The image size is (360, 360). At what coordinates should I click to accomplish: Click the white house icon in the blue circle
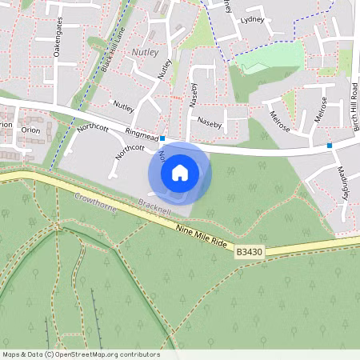(x=180, y=172)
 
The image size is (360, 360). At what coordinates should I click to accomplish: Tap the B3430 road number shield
(x=248, y=251)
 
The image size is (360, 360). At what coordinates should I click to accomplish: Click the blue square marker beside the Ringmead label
(x=162, y=138)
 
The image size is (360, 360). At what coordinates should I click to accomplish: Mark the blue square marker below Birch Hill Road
(x=330, y=146)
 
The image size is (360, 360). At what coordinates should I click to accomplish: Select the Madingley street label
(x=343, y=184)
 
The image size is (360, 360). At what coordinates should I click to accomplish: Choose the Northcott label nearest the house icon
(x=130, y=149)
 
